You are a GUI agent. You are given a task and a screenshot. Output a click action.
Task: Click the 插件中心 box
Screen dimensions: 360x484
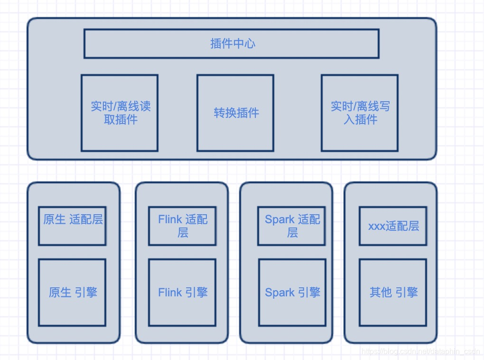[232, 44]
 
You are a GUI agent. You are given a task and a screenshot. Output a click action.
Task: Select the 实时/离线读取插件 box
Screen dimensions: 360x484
[120, 113]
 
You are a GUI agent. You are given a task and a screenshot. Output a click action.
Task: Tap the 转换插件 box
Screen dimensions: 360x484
[235, 113]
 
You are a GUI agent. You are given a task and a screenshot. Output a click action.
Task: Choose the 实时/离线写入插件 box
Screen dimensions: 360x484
[360, 113]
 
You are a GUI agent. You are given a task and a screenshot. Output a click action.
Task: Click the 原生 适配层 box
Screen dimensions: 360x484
[72, 226]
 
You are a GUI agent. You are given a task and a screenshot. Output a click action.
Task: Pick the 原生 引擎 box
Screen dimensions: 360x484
[72, 292]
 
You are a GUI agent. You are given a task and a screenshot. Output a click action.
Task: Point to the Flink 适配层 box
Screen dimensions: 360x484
[182, 226]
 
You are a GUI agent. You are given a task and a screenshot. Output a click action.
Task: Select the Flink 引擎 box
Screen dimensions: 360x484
[182, 292]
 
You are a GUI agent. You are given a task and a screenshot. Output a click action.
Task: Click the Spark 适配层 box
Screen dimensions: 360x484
[292, 226]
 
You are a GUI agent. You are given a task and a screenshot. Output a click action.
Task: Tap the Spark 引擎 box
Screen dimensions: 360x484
[292, 292]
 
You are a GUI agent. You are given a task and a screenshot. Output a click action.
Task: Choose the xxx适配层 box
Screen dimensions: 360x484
[393, 226]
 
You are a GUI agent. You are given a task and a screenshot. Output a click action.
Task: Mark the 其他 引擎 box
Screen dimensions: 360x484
[393, 292]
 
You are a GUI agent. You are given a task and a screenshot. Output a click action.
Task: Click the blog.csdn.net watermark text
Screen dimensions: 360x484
[420, 352]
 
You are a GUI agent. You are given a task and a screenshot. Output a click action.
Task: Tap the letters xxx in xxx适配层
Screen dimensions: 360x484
[377, 226]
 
